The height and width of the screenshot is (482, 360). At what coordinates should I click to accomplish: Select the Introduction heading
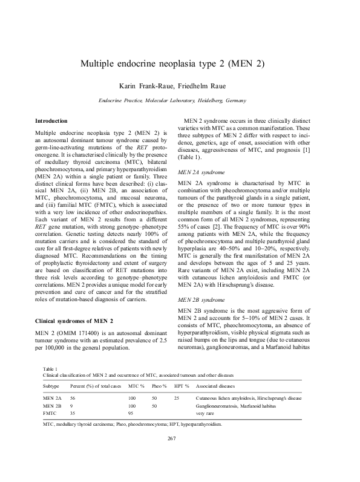click(x=51, y=121)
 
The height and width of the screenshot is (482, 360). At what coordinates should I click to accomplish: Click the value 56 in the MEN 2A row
click(x=73, y=399)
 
